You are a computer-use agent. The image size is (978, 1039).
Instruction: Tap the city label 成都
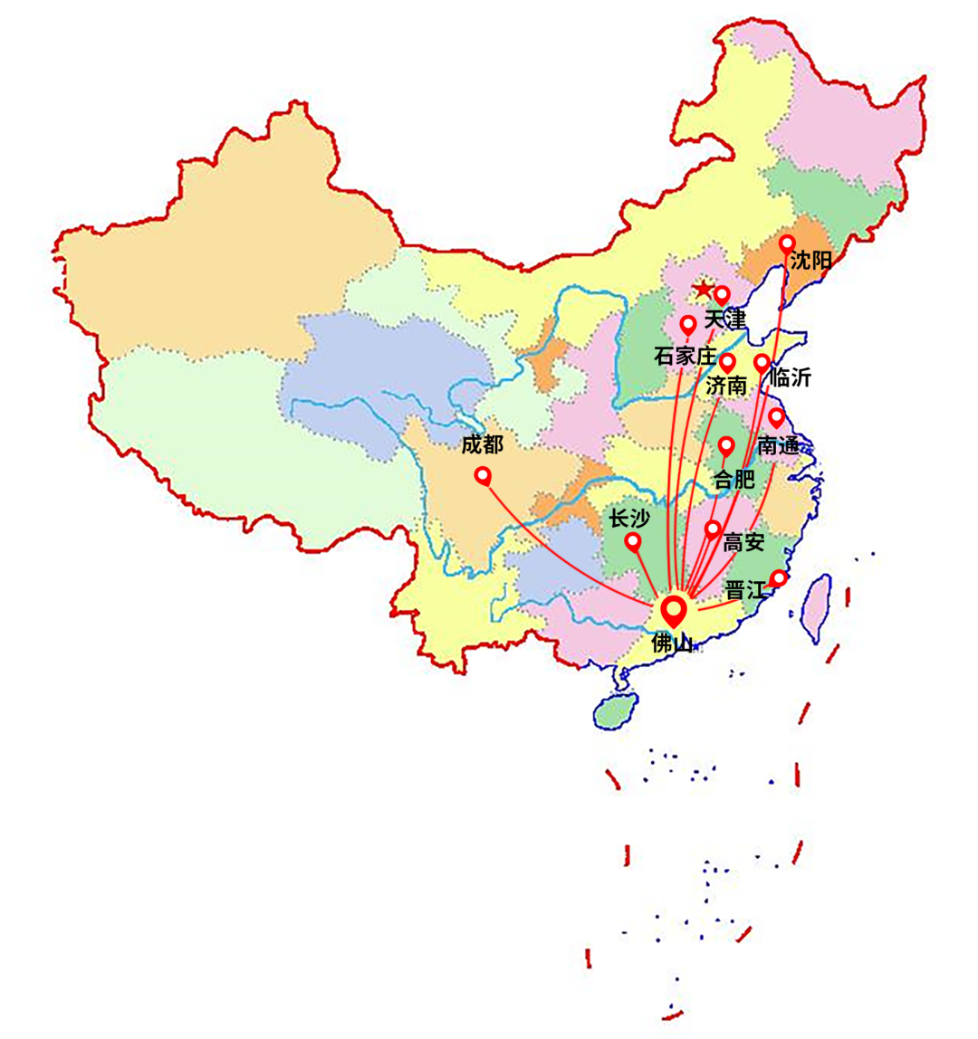481,444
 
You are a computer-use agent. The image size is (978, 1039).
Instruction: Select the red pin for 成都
483,475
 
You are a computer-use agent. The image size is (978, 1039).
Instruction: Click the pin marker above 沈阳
787,244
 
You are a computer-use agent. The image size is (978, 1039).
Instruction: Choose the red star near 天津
703,291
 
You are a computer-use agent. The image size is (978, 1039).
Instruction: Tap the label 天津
724,319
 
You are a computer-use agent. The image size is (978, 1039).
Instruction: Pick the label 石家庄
685,357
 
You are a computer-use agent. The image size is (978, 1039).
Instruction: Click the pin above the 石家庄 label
688,324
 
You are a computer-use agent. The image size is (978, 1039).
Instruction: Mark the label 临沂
790,378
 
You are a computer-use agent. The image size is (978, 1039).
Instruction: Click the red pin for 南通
776,417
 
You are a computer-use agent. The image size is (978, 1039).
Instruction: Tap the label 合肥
734,480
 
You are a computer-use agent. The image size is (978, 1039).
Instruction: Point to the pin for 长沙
633,542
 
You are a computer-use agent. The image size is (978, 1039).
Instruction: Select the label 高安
743,543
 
